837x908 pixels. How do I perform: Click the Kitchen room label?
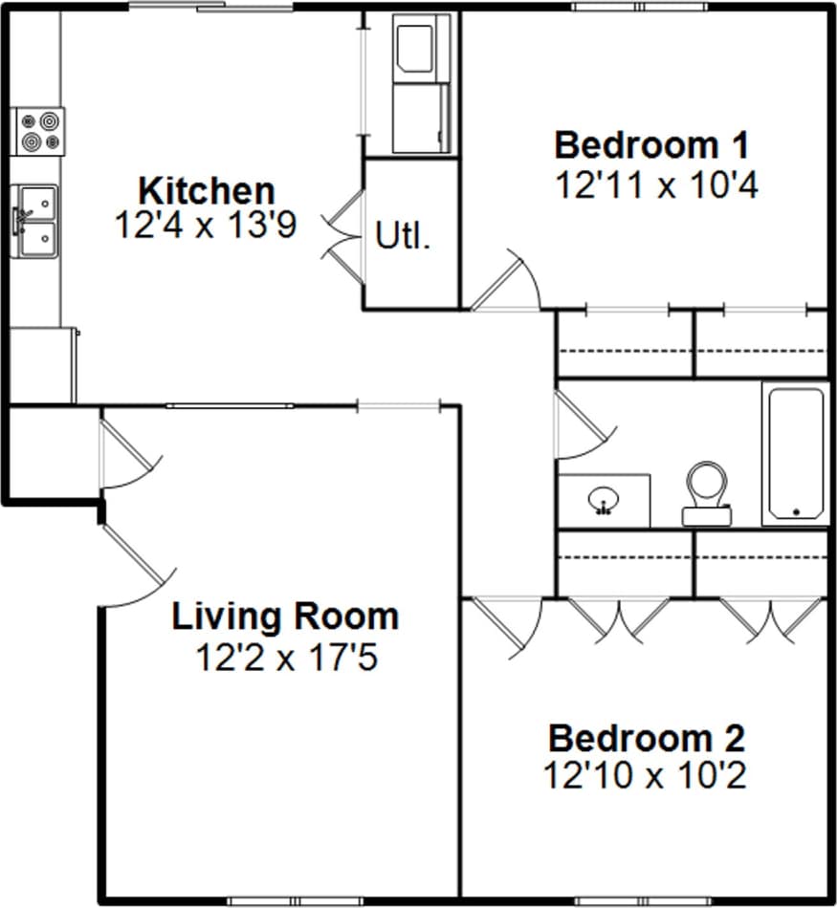coord(207,189)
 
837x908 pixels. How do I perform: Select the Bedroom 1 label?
coord(651,146)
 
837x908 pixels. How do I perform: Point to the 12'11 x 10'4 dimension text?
coord(656,184)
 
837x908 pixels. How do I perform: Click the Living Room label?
coord(285,616)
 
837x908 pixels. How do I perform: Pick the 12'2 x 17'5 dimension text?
coord(286,658)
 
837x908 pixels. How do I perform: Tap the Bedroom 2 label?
coord(646,739)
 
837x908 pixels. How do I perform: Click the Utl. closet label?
coord(403,235)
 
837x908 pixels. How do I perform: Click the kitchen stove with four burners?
coord(39,132)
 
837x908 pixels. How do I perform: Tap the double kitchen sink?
coord(35,221)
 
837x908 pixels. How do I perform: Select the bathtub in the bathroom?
coord(796,453)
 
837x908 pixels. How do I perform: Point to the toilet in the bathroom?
coord(708,492)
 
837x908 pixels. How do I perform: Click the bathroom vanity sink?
coord(604,500)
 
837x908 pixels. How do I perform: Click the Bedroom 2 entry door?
coord(507,626)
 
